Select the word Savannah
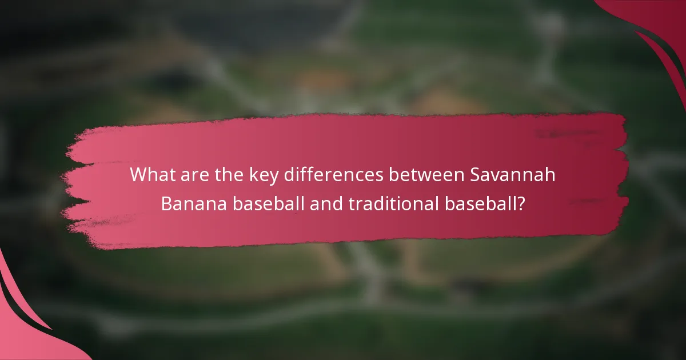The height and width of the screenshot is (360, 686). click(513, 175)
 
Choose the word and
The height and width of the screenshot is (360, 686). click(326, 204)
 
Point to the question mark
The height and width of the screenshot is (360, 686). click(521, 204)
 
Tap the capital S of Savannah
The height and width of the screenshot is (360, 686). click(476, 175)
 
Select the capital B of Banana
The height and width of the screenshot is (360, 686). click(167, 204)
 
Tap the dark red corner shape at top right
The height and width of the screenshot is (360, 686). click(657, 23)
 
